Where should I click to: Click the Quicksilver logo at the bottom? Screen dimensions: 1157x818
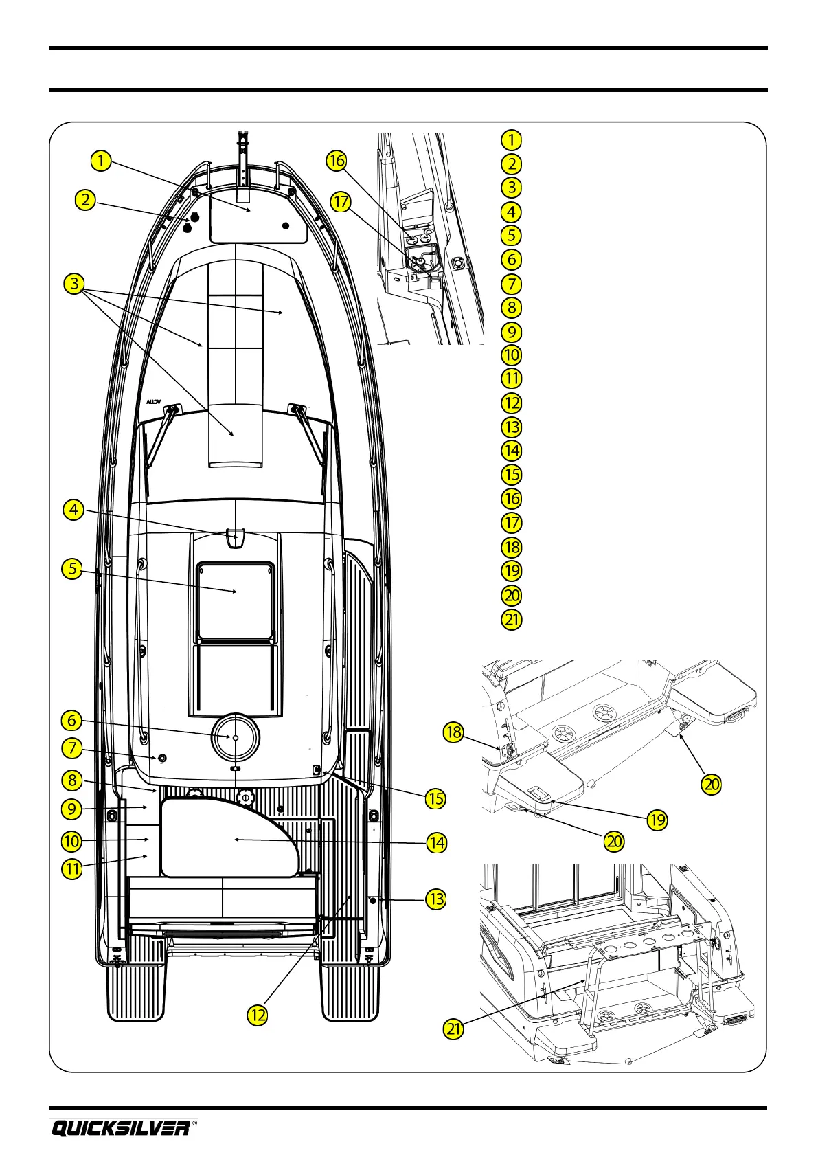120,1127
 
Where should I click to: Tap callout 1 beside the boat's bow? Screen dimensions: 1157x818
100,161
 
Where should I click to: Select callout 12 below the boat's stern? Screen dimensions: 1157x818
257,1015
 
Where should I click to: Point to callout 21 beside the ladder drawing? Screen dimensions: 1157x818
454,1029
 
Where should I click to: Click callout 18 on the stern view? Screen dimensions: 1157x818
453,732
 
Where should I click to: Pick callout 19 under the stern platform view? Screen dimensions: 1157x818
658,819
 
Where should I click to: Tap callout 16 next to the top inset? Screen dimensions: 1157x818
336,161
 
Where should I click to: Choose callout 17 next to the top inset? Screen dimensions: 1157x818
341,202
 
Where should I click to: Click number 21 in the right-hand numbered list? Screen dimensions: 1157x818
512,619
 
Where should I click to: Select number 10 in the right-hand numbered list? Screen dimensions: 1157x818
512,355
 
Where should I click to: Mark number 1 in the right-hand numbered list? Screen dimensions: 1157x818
511,139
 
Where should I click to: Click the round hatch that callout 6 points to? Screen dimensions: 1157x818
235,737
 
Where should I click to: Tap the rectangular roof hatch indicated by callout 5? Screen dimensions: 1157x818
236,591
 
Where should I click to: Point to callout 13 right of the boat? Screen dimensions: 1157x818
436,899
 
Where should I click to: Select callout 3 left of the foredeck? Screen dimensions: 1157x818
74,284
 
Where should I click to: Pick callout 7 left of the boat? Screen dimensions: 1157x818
72,748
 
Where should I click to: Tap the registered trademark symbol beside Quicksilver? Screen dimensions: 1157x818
195,1123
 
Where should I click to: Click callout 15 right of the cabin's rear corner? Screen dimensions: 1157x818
435,798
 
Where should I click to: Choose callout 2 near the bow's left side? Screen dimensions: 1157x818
84,200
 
